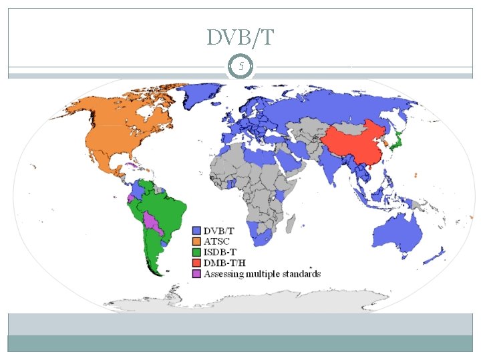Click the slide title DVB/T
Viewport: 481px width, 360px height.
click(x=240, y=38)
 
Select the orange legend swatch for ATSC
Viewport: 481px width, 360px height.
click(x=198, y=241)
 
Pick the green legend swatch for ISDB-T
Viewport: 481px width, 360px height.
click(x=198, y=251)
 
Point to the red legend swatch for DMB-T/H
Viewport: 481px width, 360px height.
click(x=198, y=262)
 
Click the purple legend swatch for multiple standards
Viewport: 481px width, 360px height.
click(x=198, y=273)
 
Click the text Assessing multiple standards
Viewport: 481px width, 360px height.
click(x=263, y=273)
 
